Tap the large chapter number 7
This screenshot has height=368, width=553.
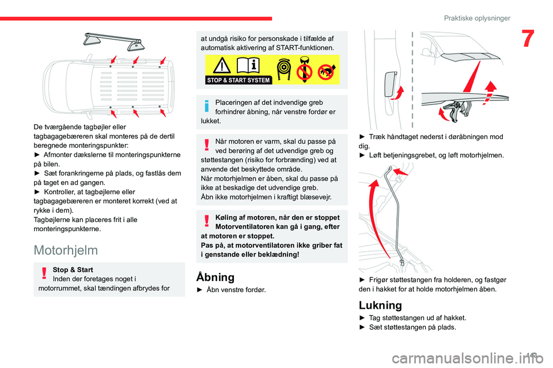tap(528, 39)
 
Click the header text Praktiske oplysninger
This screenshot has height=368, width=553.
tap(477, 18)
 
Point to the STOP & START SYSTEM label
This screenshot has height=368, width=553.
tap(238, 80)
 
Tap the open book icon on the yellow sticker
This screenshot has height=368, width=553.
tap(248, 65)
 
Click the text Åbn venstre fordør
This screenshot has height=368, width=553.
tap(235, 290)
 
